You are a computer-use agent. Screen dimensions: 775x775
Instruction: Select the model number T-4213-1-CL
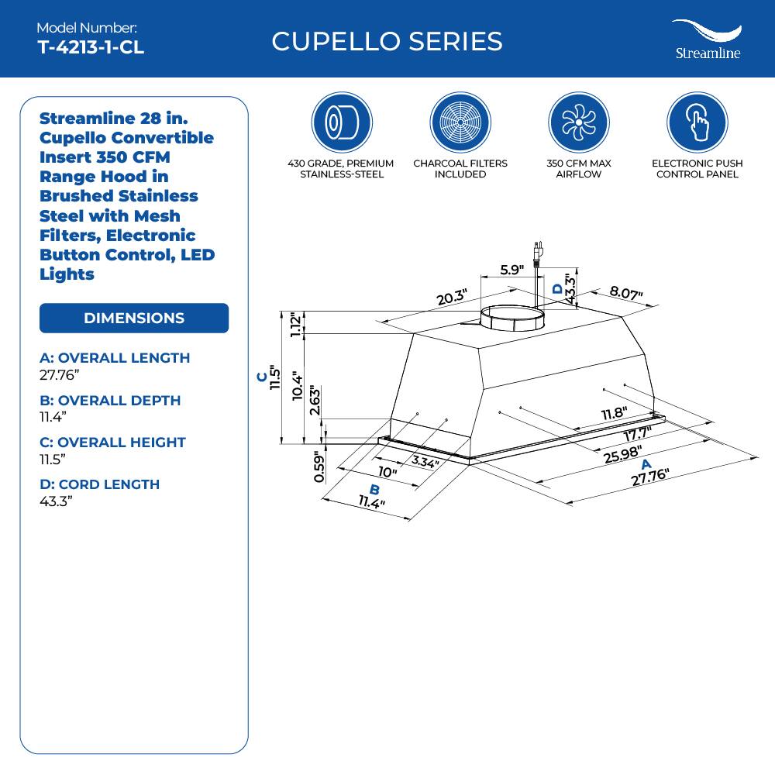coord(91,46)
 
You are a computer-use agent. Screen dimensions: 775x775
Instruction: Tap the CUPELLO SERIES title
coord(387,41)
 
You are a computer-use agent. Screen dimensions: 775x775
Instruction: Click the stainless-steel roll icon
coord(342,122)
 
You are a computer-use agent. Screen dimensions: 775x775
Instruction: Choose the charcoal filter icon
coord(460,122)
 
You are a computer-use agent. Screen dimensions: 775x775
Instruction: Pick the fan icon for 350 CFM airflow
coord(579,122)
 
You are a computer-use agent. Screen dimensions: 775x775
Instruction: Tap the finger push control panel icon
coord(697,122)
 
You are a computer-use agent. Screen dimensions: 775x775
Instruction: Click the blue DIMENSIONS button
coord(134,318)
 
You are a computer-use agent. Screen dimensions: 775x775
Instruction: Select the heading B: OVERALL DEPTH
coord(110,400)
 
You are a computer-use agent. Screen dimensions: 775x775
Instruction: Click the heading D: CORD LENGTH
coord(99,484)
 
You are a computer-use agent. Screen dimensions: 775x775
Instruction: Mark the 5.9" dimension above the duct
coord(511,270)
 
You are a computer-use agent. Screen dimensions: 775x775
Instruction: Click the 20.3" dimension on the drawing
coord(451,297)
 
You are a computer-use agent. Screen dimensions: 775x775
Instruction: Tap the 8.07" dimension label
coord(626,292)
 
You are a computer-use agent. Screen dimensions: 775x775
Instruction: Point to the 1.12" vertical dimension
coord(294,325)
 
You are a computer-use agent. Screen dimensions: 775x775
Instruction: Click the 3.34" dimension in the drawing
coord(425,463)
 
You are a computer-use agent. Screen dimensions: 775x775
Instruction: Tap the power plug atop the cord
coord(536,253)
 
